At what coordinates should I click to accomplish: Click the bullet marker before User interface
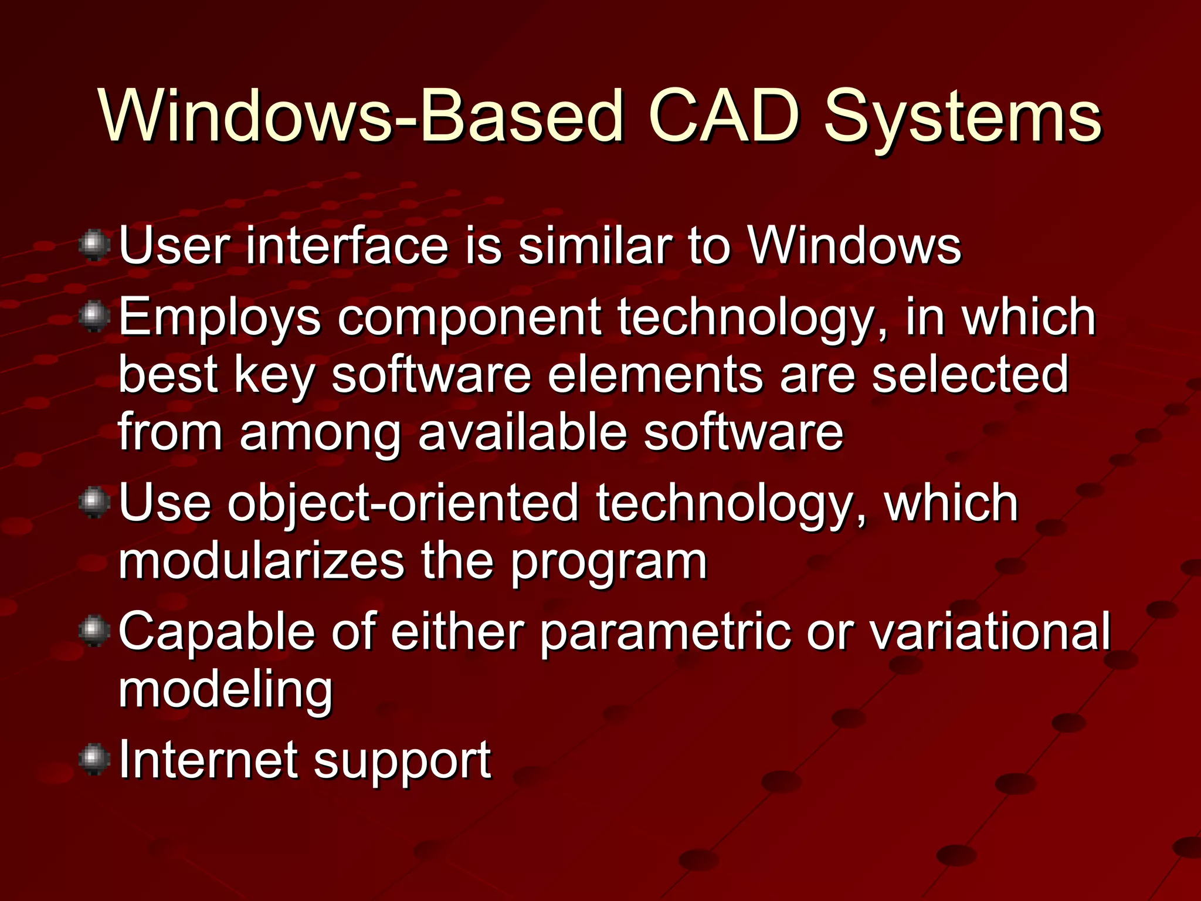(x=94, y=246)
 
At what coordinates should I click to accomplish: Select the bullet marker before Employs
(x=94, y=317)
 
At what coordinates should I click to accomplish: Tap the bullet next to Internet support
(x=94, y=760)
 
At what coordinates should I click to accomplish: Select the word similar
(x=595, y=246)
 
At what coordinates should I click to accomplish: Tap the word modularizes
(x=262, y=561)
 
